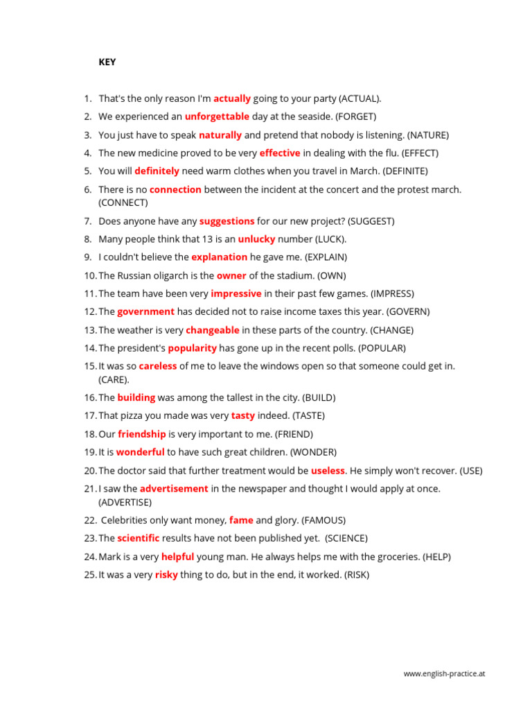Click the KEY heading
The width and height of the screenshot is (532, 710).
coord(107,62)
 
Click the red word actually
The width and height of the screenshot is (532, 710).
coord(232,98)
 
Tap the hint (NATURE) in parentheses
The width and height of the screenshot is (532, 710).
coord(429,135)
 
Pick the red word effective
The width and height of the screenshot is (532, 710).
coord(280,153)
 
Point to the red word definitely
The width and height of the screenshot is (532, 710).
coord(157,171)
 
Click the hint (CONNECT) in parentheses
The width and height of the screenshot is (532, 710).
coord(123,202)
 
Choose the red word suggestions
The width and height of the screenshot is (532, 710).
coord(227,221)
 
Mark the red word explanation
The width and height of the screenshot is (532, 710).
coord(219,257)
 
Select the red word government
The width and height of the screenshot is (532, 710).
coord(145,312)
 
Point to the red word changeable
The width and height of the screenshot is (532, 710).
coord(213,330)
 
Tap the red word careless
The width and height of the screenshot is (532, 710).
coord(158,366)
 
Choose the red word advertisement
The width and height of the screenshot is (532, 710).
coord(174,489)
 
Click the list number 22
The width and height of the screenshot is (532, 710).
coord(90,520)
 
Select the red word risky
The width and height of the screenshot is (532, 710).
coord(166,575)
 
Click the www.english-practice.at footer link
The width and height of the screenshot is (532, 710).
coord(444,673)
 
